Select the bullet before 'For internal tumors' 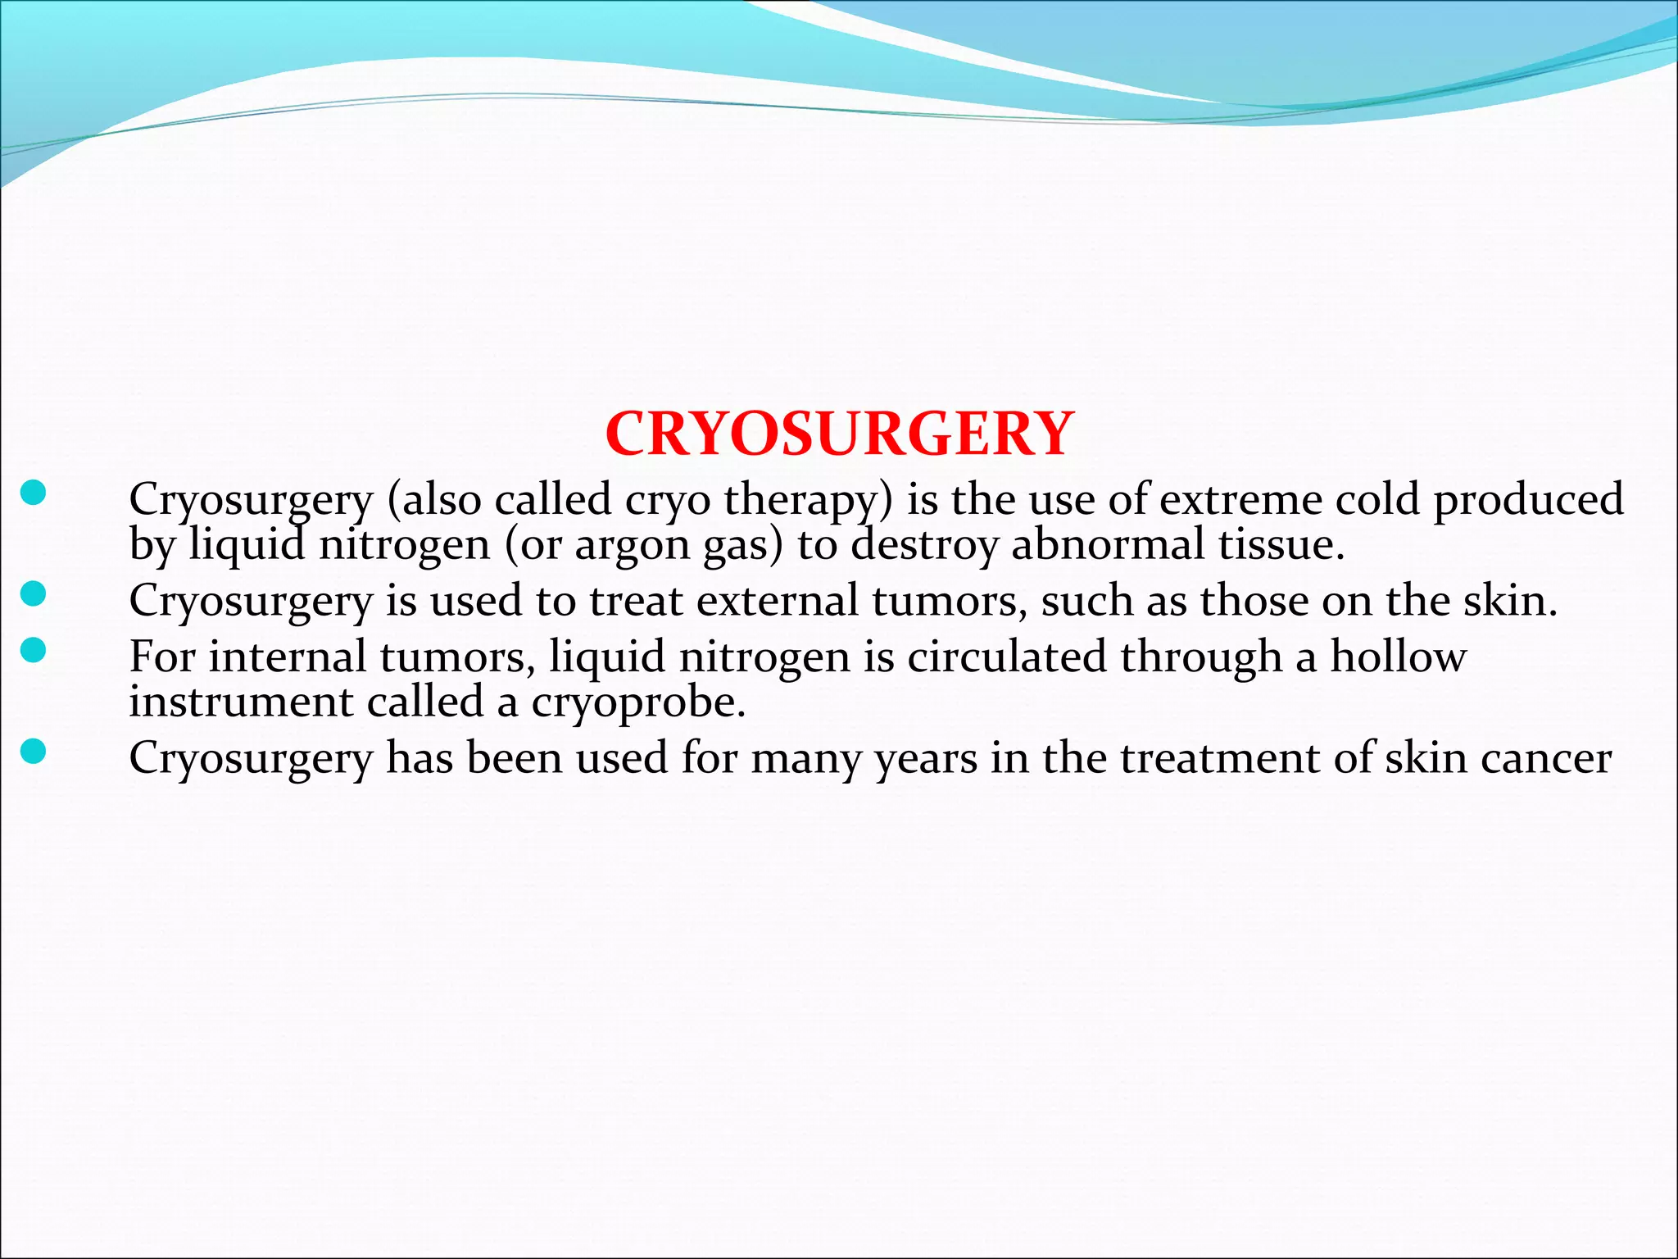click(x=33, y=651)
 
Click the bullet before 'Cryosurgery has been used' click(x=33, y=751)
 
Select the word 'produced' click(x=1528, y=500)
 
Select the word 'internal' click(x=287, y=657)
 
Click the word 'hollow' click(x=1398, y=657)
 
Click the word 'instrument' click(x=241, y=702)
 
